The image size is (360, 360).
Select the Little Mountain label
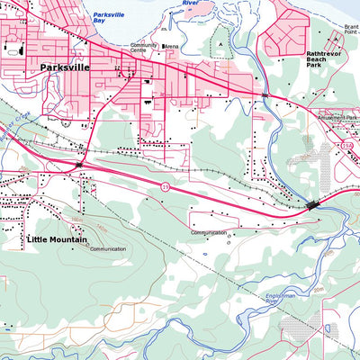pyautogui.click(x=58, y=239)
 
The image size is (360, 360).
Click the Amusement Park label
pyautogui.click(x=337, y=117)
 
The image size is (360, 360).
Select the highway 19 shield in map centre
pyautogui.click(x=166, y=186)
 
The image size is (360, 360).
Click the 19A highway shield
pyautogui.click(x=346, y=145)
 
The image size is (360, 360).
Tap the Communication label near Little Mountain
pyautogui.click(x=108, y=249)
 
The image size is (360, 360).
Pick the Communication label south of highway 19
pyautogui.click(x=209, y=232)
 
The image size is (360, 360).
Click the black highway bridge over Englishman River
pyautogui.click(x=312, y=205)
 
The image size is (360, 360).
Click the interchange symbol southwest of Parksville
pyautogui.click(x=79, y=166)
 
